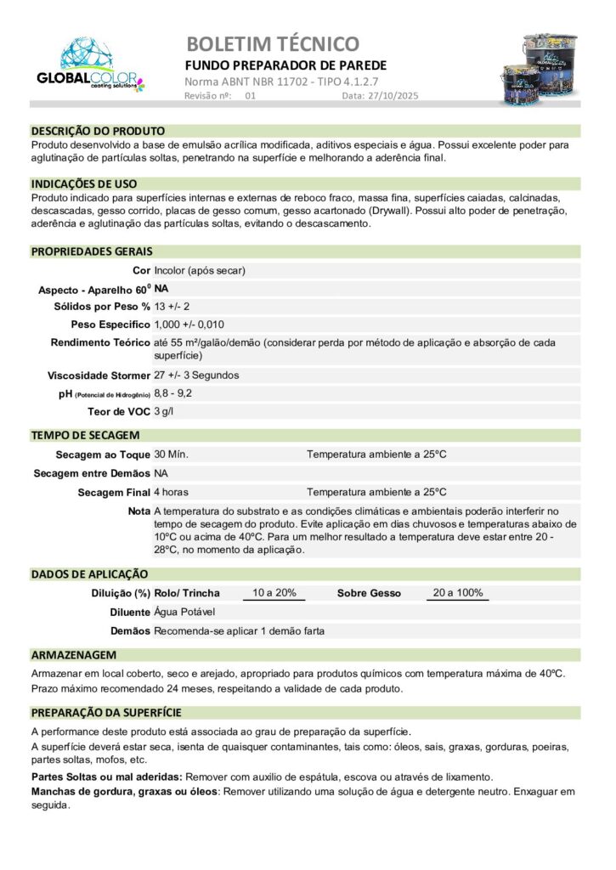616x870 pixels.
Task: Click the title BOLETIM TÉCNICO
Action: pos(272,43)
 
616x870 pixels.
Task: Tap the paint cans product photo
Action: pos(548,68)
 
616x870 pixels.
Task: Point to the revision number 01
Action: pos(250,97)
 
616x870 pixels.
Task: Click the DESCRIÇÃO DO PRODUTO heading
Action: pos(98,132)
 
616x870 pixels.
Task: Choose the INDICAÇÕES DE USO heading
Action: pos(84,184)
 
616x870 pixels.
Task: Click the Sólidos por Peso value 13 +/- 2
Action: pos(172,306)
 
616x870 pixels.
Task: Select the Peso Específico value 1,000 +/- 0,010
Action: pos(189,325)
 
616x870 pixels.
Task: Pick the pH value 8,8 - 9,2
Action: pos(173,393)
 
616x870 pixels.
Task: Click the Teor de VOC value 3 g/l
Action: pos(167,412)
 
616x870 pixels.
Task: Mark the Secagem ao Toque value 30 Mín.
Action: pos(172,455)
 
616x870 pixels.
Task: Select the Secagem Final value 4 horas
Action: pos(172,492)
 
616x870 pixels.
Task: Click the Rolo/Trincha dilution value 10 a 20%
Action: pos(274,593)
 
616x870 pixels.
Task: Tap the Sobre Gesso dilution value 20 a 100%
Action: pos(457,593)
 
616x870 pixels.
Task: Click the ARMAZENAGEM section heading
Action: pos(73,656)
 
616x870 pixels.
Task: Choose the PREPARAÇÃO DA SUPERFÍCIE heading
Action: pos(106,713)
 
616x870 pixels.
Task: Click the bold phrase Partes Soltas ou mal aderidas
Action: pos(106,777)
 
